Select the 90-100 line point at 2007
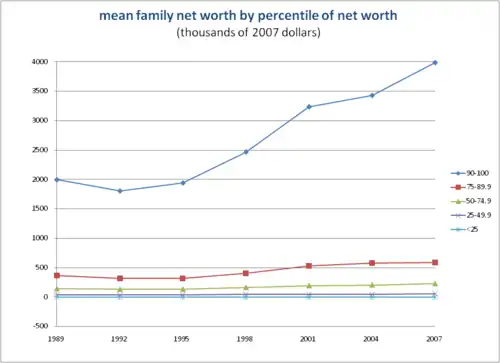click(x=434, y=63)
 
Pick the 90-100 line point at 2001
click(x=308, y=107)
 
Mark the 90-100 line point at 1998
click(x=246, y=152)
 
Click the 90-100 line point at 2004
click(x=371, y=96)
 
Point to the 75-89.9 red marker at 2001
click(x=308, y=266)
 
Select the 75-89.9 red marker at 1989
click(x=57, y=275)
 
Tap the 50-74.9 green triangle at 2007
click(x=434, y=284)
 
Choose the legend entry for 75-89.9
click(x=469, y=186)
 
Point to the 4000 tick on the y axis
click(x=38, y=62)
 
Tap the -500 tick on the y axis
click(x=38, y=326)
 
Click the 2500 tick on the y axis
click(x=38, y=150)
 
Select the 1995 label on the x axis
click(x=183, y=339)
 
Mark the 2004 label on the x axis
click(x=371, y=339)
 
